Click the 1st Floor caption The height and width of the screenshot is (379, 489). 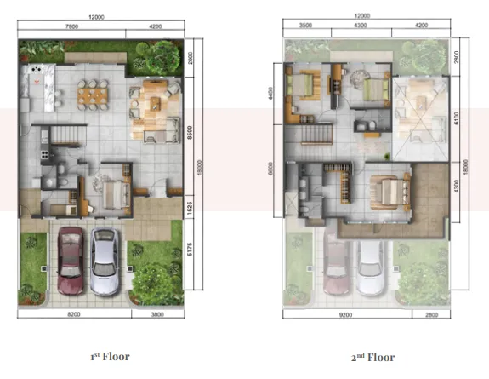click(x=109, y=356)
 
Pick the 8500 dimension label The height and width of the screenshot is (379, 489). click(x=195, y=133)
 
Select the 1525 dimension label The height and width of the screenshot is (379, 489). click(x=195, y=206)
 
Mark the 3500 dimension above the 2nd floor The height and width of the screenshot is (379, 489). click(x=305, y=26)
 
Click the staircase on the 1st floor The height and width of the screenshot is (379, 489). click(x=60, y=135)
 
